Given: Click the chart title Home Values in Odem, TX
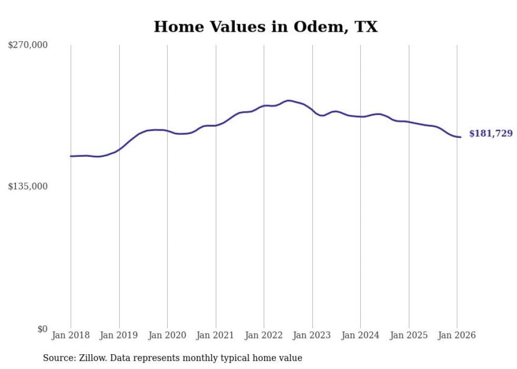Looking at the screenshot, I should (x=265, y=27).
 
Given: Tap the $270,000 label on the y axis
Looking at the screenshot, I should (x=27, y=45).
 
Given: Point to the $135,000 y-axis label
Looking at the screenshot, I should (x=27, y=186).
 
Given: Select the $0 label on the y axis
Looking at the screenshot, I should (x=42, y=329).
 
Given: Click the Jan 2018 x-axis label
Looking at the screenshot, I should (x=71, y=335).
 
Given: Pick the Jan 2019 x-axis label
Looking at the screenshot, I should (x=119, y=335).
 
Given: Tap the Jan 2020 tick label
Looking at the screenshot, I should (x=167, y=335).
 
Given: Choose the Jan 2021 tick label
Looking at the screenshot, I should (x=216, y=335).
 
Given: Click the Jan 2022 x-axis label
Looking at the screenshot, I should (x=264, y=335).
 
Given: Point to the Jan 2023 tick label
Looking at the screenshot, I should (x=312, y=335).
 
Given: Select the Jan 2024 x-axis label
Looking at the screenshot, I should (x=360, y=335).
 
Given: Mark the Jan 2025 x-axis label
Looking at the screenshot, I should (x=409, y=335).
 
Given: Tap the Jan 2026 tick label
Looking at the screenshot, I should (x=457, y=335).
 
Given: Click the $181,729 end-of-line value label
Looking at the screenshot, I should (x=491, y=134).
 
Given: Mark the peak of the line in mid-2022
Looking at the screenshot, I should (x=288, y=100).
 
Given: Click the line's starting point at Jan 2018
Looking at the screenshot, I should (x=71, y=156).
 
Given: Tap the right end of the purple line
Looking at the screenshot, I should (x=461, y=137).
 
